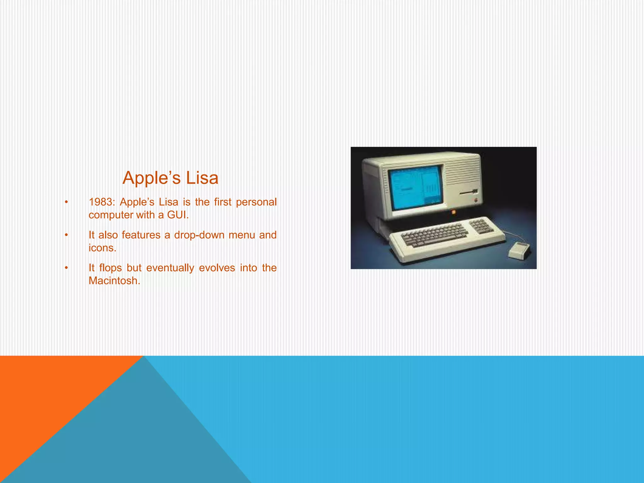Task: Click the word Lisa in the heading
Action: [202, 178]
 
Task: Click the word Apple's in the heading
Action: [152, 178]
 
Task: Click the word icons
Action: [102, 248]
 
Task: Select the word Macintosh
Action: [114, 280]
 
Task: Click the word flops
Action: [110, 268]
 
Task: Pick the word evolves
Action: [217, 268]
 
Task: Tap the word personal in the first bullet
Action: [256, 202]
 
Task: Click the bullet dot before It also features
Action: [66, 235]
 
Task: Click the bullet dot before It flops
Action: [66, 268]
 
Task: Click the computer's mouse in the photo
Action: [519, 250]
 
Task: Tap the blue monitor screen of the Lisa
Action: [415, 188]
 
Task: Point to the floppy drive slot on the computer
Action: [469, 192]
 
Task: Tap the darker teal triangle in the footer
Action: [142, 440]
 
